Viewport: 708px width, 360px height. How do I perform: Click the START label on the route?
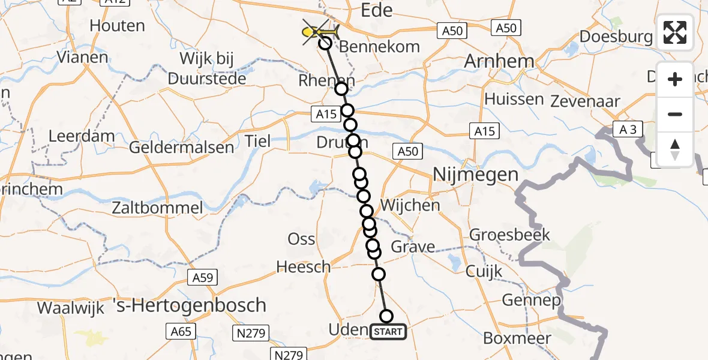tap(388, 331)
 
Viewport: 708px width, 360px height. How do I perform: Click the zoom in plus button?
tap(675, 79)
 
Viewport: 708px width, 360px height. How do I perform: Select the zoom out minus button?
tap(675, 114)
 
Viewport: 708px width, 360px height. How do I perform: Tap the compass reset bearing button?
tap(675, 149)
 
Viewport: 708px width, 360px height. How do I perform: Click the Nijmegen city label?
tap(475, 175)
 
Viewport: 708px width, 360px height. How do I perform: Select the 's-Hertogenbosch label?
tap(198, 305)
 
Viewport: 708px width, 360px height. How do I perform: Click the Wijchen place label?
tap(418, 205)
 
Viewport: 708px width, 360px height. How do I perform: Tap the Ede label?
tap(376, 10)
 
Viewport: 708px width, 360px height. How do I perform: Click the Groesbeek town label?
tap(509, 235)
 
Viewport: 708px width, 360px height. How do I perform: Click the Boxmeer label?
tap(517, 338)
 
